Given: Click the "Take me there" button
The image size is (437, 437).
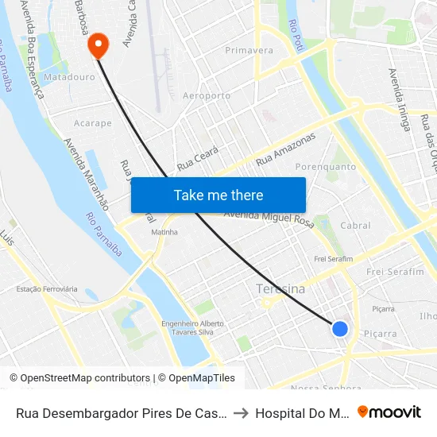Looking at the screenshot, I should (x=218, y=195).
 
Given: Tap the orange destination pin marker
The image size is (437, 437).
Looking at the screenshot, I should (x=99, y=44).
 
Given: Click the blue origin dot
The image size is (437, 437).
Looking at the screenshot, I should (x=339, y=328).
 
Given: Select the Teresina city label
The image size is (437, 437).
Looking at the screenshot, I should (x=280, y=289).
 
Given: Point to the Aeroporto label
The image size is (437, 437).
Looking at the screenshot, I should (x=207, y=95).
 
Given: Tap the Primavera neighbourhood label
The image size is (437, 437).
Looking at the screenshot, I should (x=249, y=50).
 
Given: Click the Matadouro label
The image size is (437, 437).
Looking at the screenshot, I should (x=69, y=78).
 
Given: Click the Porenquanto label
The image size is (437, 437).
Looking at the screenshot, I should (x=326, y=167).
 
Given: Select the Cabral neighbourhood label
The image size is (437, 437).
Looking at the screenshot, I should (x=355, y=226).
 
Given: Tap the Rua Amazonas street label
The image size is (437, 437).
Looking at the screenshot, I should (x=285, y=149).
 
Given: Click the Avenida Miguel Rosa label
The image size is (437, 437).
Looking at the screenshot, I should (x=269, y=218).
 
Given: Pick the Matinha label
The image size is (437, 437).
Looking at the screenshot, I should (x=164, y=232).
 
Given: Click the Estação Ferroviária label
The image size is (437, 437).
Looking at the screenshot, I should (x=47, y=288).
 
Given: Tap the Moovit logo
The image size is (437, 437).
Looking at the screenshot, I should (x=389, y=412).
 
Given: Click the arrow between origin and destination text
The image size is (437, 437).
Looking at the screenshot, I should (x=242, y=413).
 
